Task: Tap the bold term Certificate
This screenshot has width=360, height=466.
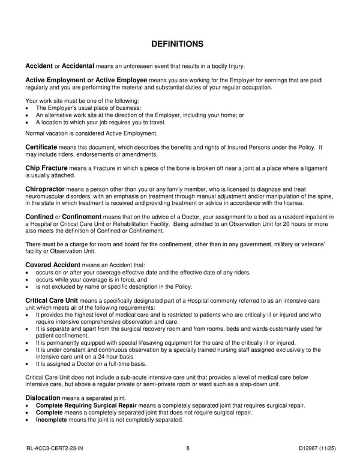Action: (41, 147)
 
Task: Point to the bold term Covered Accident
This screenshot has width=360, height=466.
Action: (53, 264)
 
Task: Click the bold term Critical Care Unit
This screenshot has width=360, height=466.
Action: (52, 300)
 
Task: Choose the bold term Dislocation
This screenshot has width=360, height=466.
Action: (43, 398)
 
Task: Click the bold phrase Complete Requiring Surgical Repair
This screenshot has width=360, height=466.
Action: (86, 405)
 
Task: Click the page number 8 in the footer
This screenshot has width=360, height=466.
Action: (188, 448)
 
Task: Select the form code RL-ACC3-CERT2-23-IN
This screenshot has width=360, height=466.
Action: (55, 448)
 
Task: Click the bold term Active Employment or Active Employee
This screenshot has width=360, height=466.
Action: (86, 80)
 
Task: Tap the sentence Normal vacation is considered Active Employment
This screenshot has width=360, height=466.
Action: (91, 133)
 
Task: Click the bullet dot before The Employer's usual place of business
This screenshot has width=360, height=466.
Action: (28, 108)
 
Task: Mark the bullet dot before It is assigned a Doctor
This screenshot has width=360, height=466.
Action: (28, 364)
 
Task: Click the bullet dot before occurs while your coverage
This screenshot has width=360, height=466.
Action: (28, 279)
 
